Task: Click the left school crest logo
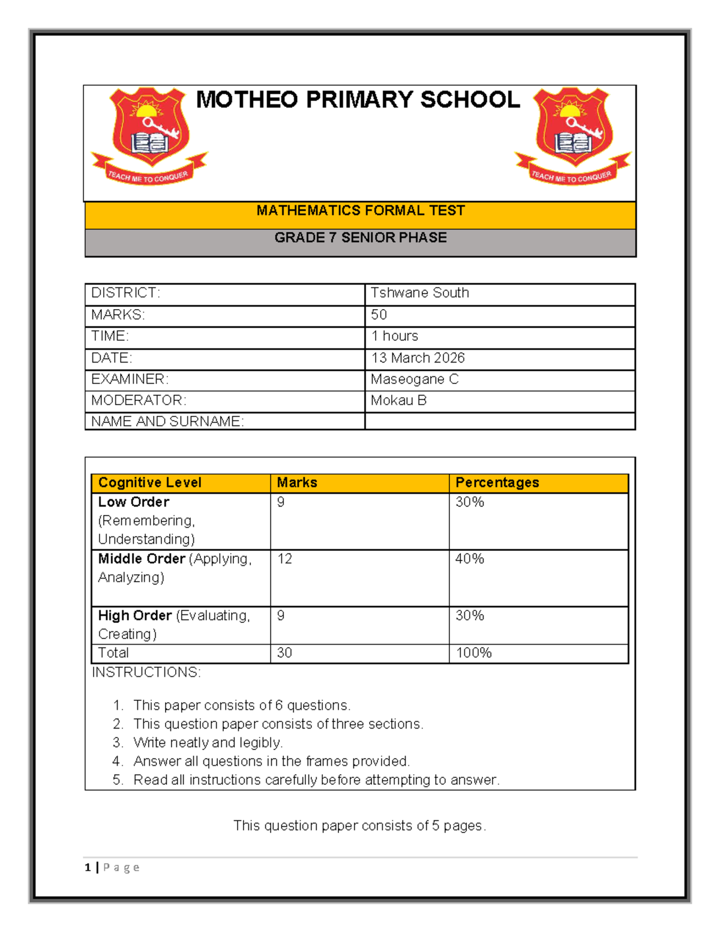[x=149, y=136]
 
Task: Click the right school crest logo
[x=573, y=136]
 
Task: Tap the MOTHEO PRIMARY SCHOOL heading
[x=358, y=100]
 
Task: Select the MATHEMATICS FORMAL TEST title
[x=361, y=211]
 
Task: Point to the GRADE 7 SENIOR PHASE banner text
[x=361, y=238]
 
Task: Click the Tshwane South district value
[x=419, y=293]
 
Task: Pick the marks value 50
[x=379, y=315]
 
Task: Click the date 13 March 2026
[x=418, y=358]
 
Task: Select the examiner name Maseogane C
[x=414, y=379]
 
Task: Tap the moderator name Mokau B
[x=398, y=400]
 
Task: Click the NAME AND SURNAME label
[x=167, y=422]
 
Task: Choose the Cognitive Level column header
[x=150, y=483]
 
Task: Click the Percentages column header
[x=497, y=483]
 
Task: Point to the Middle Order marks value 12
[x=284, y=559]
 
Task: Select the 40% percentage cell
[x=469, y=559]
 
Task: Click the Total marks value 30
[x=284, y=653]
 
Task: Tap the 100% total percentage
[x=473, y=653]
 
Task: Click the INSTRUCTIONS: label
[x=146, y=672]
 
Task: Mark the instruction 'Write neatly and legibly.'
[x=208, y=743]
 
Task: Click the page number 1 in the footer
[x=88, y=867]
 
